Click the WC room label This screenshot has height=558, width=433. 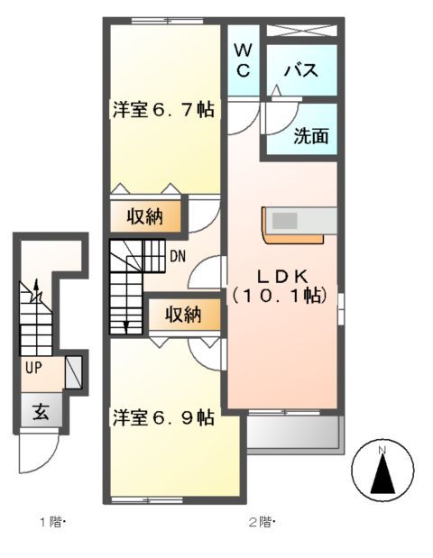244,59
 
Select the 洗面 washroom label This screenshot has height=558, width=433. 309,137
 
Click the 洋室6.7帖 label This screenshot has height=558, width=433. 162,110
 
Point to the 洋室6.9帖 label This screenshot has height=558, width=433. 162,418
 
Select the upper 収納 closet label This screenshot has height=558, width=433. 144,216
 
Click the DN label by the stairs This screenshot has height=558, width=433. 177,255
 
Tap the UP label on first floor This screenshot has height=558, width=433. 32,368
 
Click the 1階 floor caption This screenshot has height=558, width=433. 51,522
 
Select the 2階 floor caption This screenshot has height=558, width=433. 262,522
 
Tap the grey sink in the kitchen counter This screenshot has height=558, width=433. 285,220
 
